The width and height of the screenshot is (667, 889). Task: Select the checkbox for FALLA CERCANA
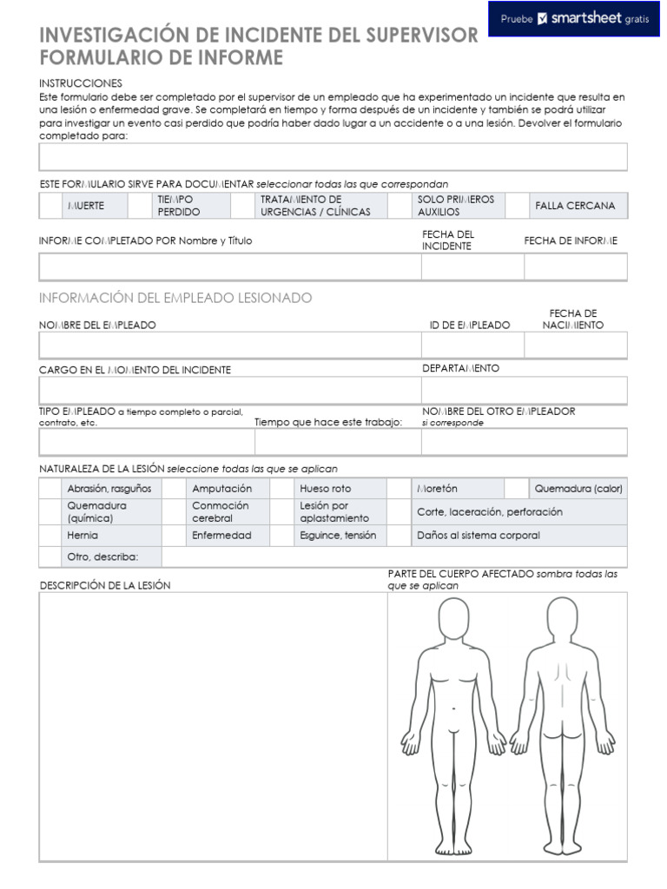pos(518,206)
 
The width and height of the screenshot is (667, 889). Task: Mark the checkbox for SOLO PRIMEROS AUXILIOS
pos(400,206)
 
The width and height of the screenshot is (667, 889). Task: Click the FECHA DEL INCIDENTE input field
pos(472,267)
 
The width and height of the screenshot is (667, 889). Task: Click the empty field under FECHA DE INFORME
pos(575,267)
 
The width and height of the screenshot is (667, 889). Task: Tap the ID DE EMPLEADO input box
pos(472,345)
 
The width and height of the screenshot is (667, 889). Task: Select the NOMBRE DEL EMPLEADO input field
pos(229,345)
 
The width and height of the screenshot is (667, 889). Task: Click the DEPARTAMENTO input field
pos(524,390)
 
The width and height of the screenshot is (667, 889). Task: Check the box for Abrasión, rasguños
pos(50,489)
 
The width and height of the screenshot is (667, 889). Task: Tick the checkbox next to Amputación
pos(174,489)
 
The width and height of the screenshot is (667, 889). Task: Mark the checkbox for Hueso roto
pos(281,489)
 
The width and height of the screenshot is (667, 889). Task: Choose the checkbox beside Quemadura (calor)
pos(516,489)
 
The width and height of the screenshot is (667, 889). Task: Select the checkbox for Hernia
pos(50,536)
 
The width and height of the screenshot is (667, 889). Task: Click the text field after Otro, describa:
pos(393,556)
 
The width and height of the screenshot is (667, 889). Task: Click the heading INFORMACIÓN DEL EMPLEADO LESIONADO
pos(175,298)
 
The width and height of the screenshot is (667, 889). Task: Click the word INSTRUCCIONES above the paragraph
pos(81,82)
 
